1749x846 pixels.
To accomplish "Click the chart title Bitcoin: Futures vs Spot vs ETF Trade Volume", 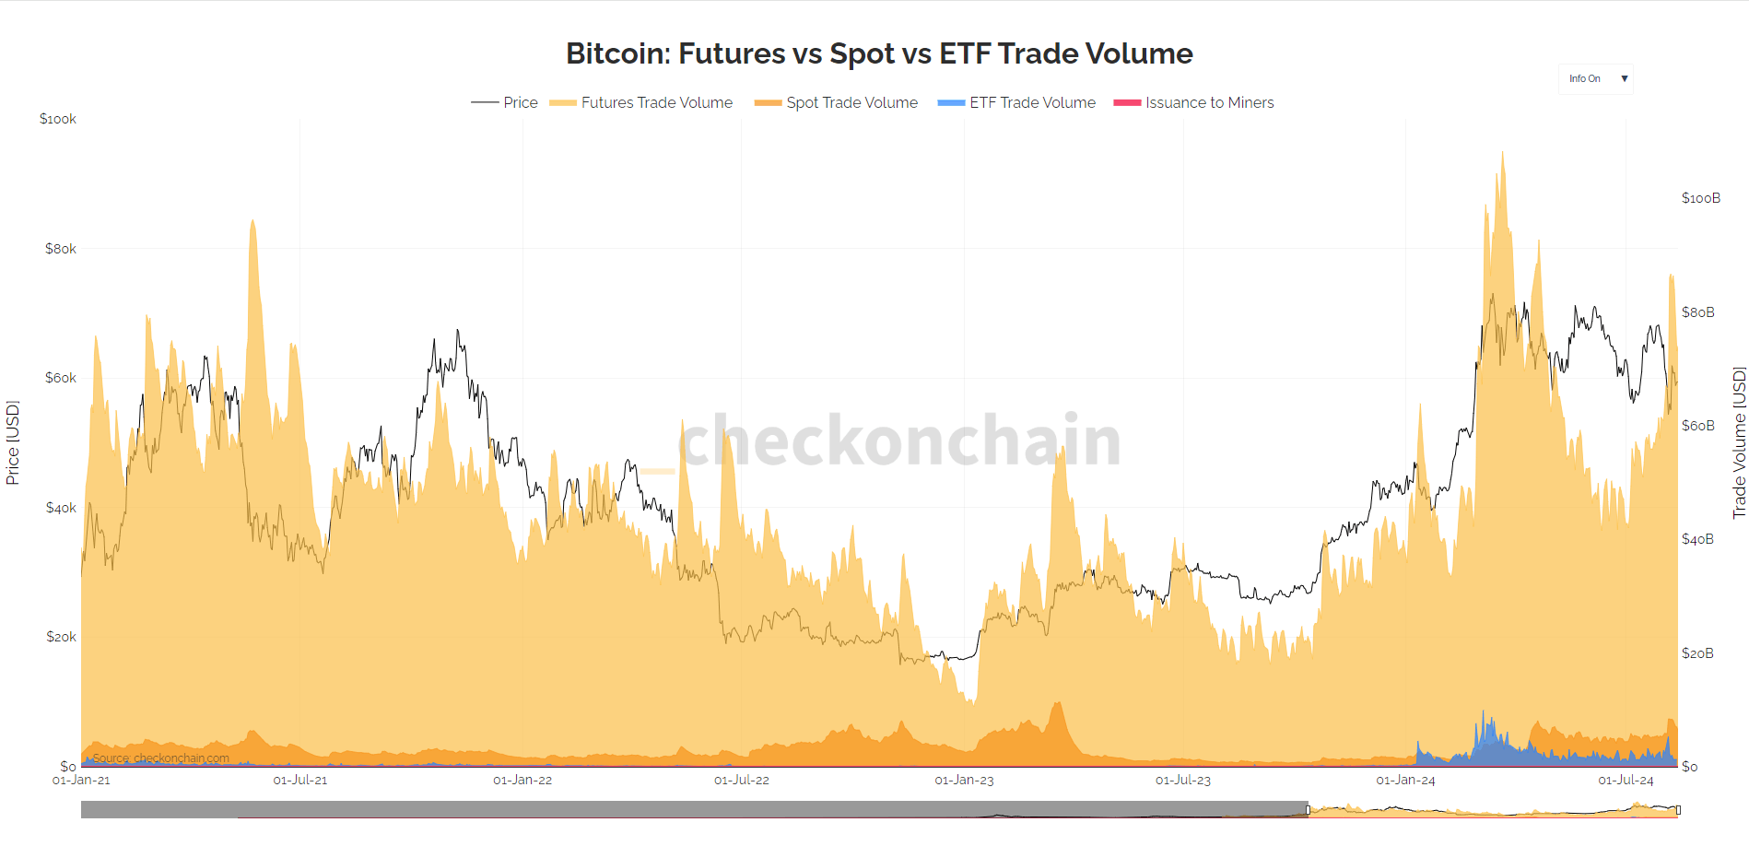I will click(x=879, y=53).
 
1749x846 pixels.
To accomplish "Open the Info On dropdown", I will click(x=1596, y=78).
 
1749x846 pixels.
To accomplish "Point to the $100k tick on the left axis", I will click(x=58, y=119).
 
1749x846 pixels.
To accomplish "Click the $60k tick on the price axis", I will click(x=61, y=378).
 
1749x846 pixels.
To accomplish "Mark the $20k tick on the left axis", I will click(x=61, y=637).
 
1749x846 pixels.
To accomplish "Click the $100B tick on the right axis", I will click(x=1700, y=198).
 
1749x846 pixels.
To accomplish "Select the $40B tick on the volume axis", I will click(x=1697, y=539).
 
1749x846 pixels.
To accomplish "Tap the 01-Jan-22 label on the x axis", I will click(x=522, y=780).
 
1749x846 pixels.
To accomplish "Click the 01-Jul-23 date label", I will click(x=1183, y=780).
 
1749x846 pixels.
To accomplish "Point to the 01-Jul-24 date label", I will click(x=1626, y=780).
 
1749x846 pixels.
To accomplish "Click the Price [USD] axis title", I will click(x=13, y=442).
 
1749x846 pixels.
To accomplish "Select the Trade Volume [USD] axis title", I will click(x=1739, y=442).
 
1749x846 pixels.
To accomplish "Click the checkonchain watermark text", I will click(x=899, y=441).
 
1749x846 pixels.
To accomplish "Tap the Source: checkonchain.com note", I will click(x=160, y=758).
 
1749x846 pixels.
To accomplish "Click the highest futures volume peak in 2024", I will click(x=1502, y=154).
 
